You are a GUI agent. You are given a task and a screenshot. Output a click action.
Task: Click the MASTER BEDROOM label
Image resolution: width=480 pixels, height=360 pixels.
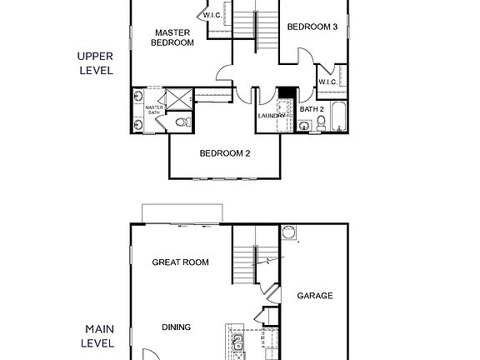tap(173, 38)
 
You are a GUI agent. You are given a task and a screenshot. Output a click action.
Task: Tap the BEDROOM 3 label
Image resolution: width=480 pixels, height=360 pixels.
tap(312, 27)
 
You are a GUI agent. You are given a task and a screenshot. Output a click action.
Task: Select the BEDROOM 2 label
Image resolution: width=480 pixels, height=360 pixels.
tap(225, 153)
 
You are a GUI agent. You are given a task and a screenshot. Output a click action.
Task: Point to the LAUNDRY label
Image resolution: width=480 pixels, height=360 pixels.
tap(272, 116)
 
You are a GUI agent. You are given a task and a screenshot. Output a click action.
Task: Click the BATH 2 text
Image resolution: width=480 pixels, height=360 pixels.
tap(312, 109)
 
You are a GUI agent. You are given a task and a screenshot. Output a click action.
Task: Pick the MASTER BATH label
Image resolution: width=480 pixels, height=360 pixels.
tap(154, 110)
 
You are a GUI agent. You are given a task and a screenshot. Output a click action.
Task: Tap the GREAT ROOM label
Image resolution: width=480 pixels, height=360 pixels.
tap(180, 262)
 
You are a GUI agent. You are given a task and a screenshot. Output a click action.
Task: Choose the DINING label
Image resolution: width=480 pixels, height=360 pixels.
tap(177, 327)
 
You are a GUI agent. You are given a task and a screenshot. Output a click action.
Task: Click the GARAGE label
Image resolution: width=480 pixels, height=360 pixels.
tap(315, 295)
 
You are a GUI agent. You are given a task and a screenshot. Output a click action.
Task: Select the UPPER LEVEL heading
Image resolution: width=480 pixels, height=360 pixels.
tap(95, 63)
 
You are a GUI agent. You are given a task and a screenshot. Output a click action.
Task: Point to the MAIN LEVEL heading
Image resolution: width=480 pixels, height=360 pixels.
tap(97, 336)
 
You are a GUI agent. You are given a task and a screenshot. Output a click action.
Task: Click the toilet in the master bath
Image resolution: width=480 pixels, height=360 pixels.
tap(182, 123)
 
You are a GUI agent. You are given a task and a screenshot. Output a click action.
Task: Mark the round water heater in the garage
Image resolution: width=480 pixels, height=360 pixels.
tap(289, 232)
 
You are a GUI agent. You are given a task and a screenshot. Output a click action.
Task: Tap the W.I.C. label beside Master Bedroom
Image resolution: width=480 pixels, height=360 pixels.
tap(212, 15)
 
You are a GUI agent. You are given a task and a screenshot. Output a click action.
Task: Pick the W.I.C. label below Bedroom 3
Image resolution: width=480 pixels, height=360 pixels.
tap(327, 81)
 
